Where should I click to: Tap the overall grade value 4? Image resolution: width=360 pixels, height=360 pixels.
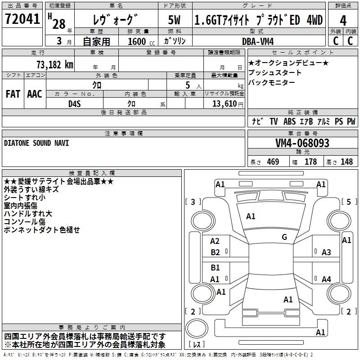(x=343, y=21)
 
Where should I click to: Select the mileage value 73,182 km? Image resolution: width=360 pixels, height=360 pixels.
(x=54, y=64)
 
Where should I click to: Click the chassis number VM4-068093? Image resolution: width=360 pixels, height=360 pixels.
(x=302, y=144)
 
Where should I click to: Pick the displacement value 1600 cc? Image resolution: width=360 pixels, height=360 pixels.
(x=138, y=41)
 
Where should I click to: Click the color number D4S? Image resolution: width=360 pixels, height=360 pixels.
(x=74, y=104)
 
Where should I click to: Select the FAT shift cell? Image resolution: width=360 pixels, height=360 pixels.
(x=13, y=94)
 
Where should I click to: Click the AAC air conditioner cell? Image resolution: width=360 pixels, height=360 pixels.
(x=34, y=94)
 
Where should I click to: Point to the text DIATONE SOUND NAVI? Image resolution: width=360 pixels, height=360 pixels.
(x=36, y=143)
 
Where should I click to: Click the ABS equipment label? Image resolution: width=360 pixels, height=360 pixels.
(x=290, y=121)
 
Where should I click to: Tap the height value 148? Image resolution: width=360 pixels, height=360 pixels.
(x=346, y=162)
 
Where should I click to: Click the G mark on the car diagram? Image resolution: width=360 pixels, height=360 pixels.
(x=284, y=237)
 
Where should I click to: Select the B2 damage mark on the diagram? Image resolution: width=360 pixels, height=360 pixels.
(x=216, y=252)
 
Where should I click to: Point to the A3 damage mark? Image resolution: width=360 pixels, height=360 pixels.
(x=326, y=252)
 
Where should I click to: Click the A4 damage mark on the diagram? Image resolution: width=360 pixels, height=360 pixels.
(x=326, y=279)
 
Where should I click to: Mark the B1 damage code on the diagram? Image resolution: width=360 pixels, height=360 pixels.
(x=216, y=268)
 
